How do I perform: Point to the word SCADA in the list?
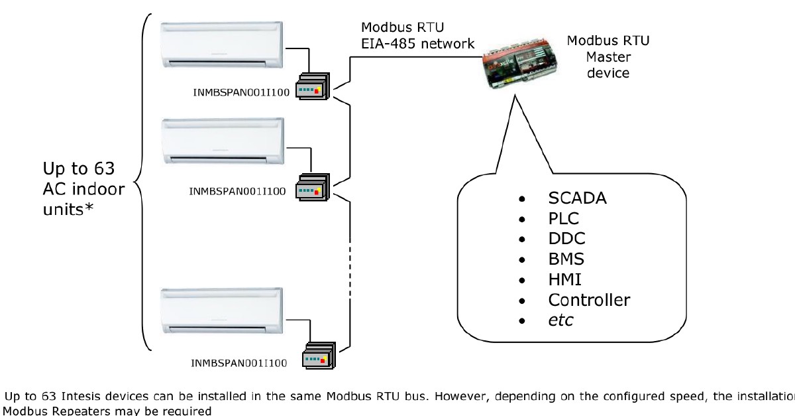578,198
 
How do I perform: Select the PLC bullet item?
564,218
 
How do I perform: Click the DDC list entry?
566,238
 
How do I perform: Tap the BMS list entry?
566,259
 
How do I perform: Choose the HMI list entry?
565,279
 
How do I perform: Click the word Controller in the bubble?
588,300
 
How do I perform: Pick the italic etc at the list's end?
560,320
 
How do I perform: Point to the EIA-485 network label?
418,44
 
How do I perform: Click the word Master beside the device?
608,56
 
